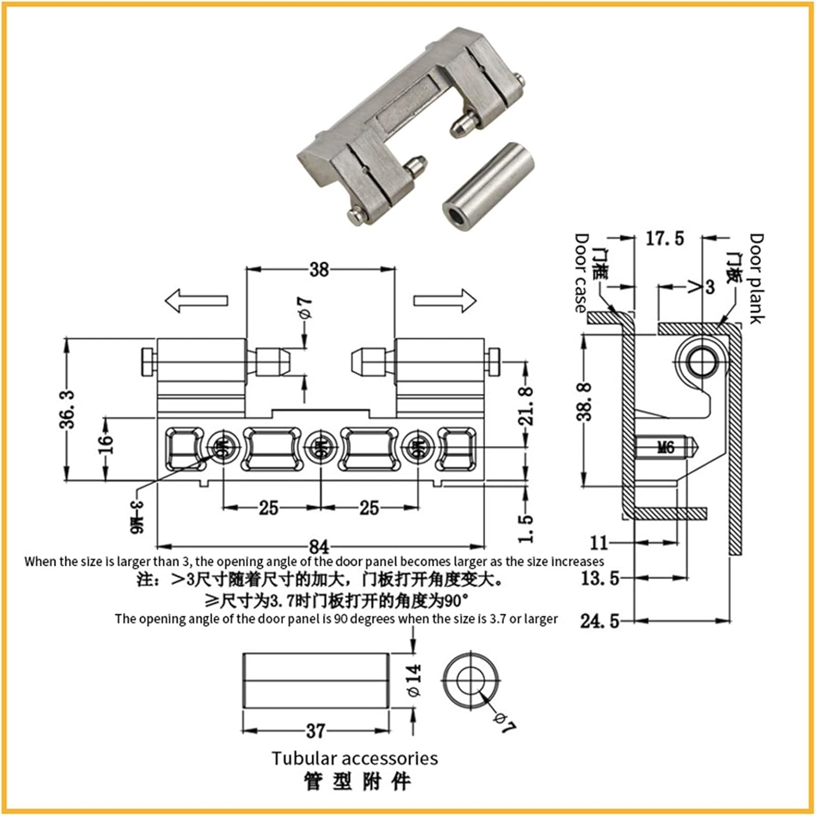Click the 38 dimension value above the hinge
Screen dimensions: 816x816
[319, 269]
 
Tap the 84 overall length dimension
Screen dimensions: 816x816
[319, 546]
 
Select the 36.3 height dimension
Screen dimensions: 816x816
[67, 409]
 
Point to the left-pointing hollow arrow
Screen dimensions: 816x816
[196, 301]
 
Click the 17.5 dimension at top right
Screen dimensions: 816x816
[665, 238]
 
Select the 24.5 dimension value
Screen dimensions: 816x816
[599, 621]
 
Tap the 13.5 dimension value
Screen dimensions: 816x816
[599, 578]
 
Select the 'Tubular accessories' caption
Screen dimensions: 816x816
[355, 758]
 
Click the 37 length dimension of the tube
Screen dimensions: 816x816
[316, 731]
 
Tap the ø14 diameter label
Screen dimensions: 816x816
[414, 680]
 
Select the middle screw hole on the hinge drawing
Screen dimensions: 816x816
[320, 449]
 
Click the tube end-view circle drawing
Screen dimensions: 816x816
[470, 680]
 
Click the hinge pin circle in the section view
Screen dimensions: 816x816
[702, 361]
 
